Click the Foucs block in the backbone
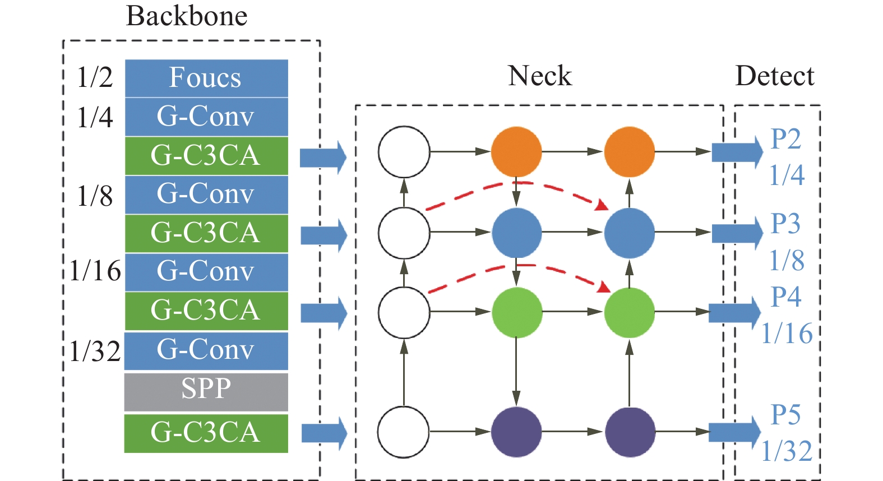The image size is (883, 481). tap(206, 78)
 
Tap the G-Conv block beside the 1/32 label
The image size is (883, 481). tap(206, 351)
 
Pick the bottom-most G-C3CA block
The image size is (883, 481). tap(206, 433)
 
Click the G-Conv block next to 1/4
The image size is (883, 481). tap(206, 117)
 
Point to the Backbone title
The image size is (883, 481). tap(187, 16)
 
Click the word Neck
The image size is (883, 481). tap(539, 76)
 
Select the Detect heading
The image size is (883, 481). tap(774, 76)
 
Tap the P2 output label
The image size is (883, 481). tap(785, 138)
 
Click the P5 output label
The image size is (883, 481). tap(785, 415)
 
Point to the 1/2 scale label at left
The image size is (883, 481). tap(95, 77)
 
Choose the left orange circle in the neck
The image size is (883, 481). tap(516, 151)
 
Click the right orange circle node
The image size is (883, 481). tap(629, 151)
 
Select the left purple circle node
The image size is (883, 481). tap(516, 432)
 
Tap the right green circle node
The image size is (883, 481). tap(629, 312)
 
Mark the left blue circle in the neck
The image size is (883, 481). tap(516, 233)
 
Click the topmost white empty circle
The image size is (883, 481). tap(404, 151)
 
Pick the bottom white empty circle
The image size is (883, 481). tap(404, 432)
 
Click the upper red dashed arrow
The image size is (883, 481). tap(516, 183)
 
